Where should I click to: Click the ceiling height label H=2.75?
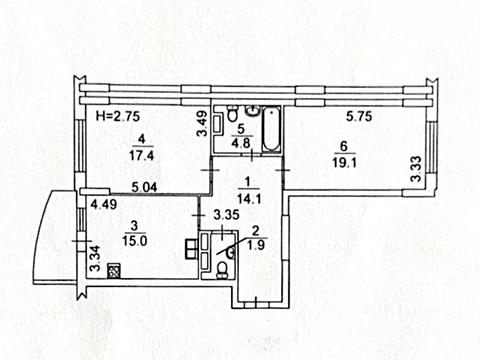(117, 116)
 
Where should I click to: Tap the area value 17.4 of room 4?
(142, 155)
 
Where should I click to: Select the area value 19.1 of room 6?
(345, 163)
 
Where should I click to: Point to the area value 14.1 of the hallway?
(249, 199)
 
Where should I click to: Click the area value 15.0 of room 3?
(134, 240)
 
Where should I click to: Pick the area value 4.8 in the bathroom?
(242, 143)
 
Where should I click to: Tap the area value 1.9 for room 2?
(256, 245)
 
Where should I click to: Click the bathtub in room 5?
(271, 129)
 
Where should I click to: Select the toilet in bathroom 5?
(233, 114)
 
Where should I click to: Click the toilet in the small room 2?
(221, 270)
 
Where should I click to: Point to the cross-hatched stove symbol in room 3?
(114, 270)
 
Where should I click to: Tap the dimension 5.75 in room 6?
(359, 116)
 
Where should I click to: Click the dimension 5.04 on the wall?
(144, 187)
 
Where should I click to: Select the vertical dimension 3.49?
(202, 124)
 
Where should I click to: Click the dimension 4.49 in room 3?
(104, 204)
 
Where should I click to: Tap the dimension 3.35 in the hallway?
(226, 215)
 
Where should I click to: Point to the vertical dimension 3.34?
(95, 258)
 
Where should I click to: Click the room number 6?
(344, 146)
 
